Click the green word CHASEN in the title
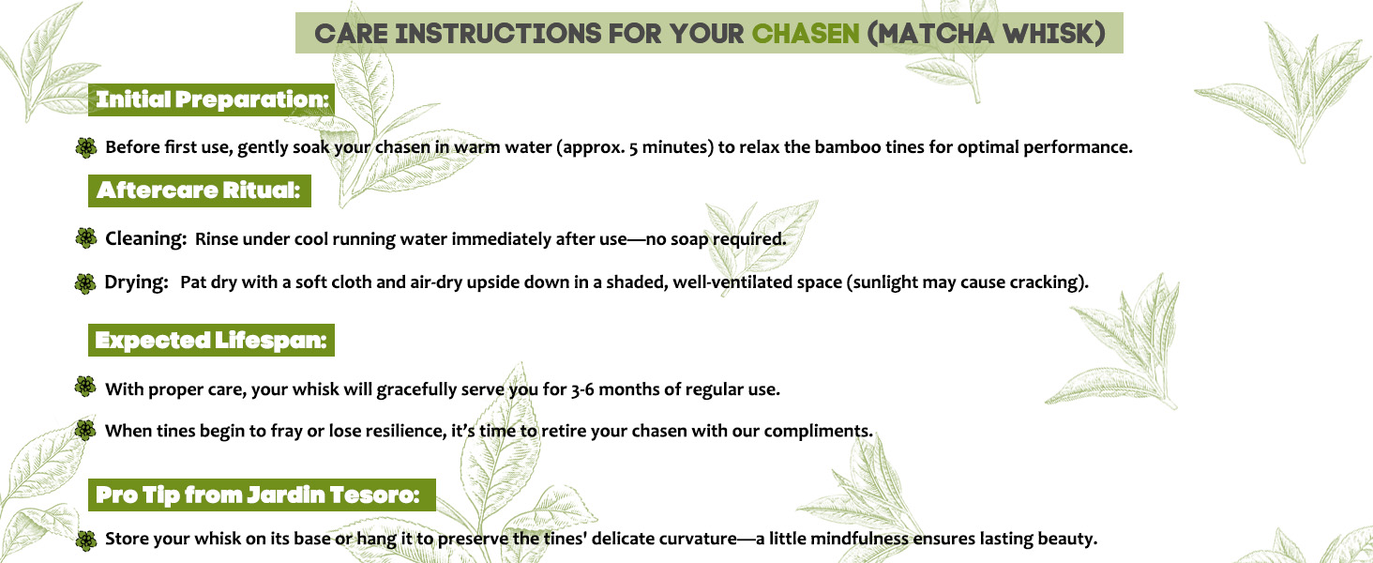[806, 33]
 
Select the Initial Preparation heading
[212, 99]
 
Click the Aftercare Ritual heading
[199, 190]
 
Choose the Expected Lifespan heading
[211, 340]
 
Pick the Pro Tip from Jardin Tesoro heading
[262, 495]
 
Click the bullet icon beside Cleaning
[86, 238]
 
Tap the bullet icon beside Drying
[86, 283]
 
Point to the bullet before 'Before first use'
[86, 147]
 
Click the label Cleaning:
[146, 238]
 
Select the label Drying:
[137, 282]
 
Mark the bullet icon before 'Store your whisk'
[86, 540]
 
